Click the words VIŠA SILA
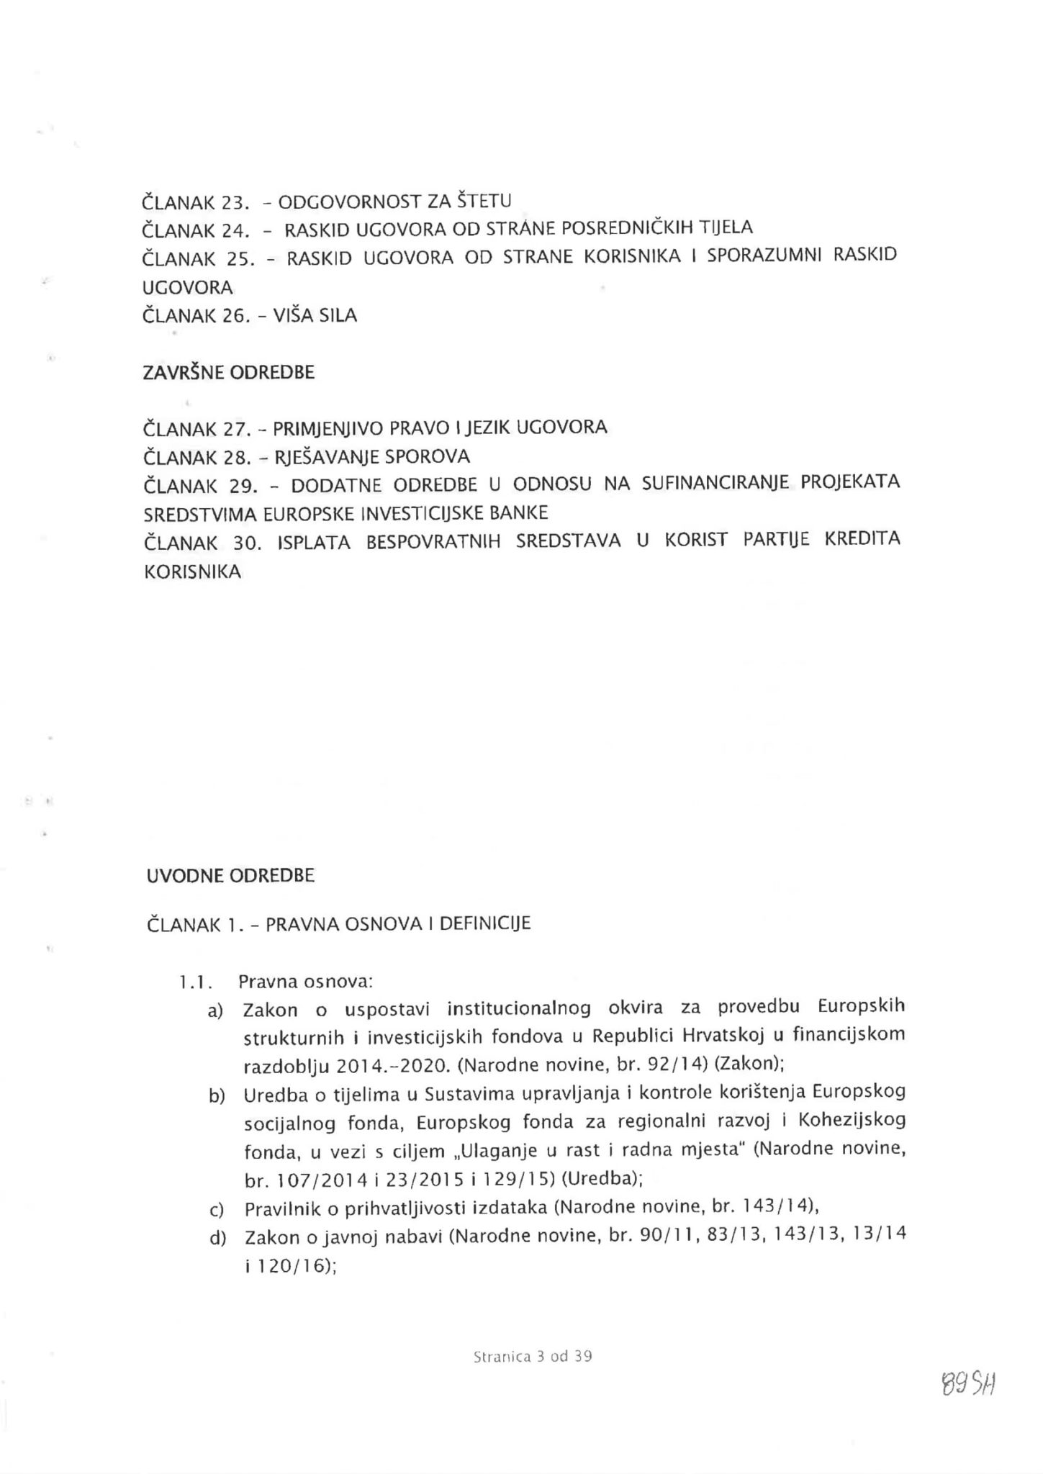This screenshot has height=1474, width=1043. (315, 315)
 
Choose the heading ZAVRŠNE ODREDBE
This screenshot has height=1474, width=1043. (229, 373)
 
